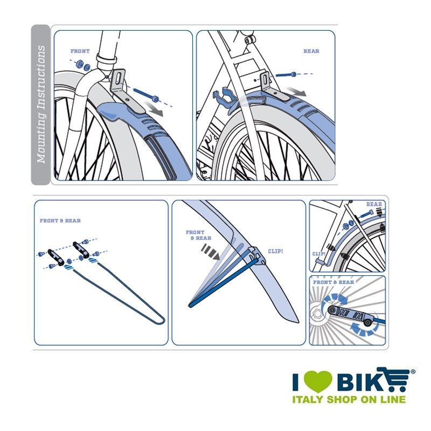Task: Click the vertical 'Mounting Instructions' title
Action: [x=41, y=104]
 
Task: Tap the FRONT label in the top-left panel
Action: [x=80, y=51]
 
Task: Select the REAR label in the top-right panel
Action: [x=311, y=51]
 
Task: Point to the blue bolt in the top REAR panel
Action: [x=286, y=74]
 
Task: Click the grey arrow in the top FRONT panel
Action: [x=154, y=109]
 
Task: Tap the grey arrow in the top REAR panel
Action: [x=297, y=92]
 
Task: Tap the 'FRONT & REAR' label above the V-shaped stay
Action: [x=60, y=221]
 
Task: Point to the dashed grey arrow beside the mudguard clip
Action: [x=210, y=252]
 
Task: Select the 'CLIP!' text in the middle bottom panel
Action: [x=275, y=251]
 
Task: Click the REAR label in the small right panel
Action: [x=374, y=204]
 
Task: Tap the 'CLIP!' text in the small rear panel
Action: [x=319, y=254]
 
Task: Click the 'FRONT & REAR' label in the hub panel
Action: [x=333, y=282]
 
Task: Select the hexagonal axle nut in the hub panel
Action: [x=317, y=314]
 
